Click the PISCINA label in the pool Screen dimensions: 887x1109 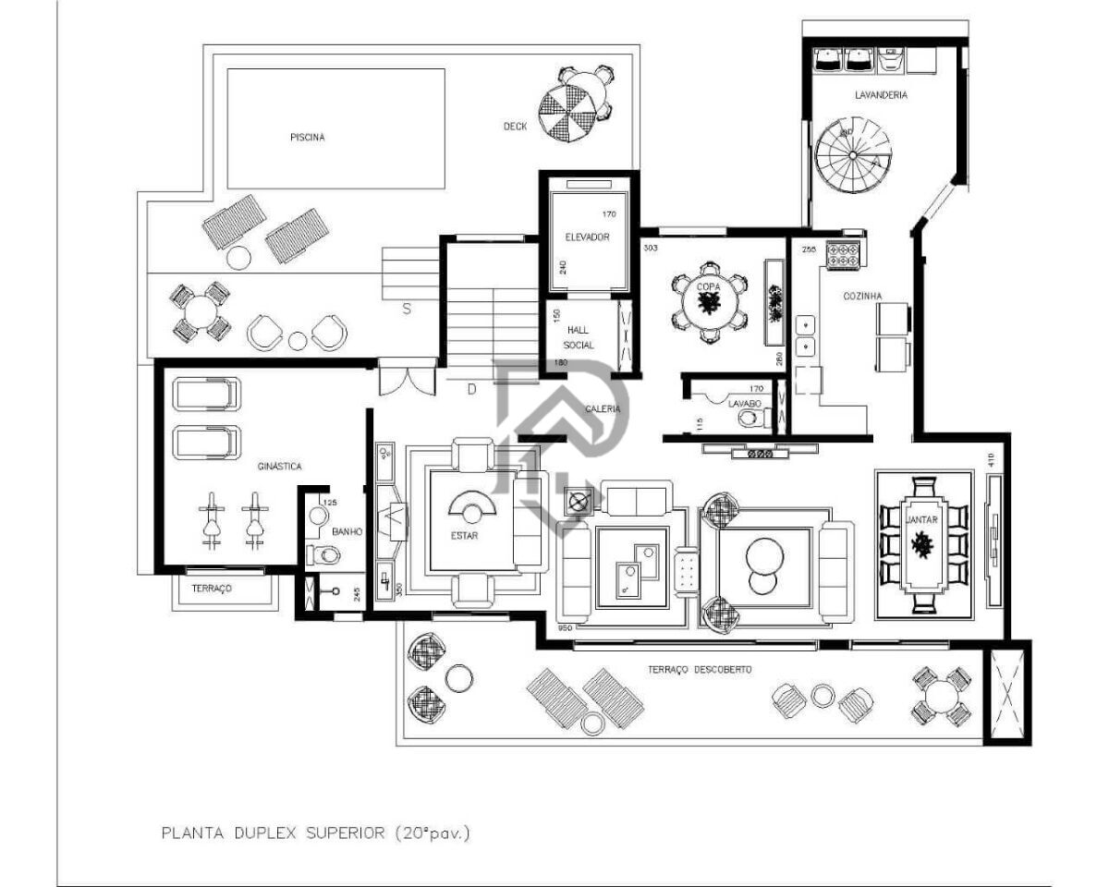point(307,137)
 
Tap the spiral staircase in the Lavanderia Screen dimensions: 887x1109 point(850,156)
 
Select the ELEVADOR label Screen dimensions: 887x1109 point(587,237)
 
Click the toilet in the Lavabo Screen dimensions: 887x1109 point(749,419)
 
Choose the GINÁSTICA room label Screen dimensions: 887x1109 point(279,467)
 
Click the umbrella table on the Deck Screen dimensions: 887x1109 point(568,109)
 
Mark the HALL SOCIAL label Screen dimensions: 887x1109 point(579,337)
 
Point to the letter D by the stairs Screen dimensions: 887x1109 point(471,389)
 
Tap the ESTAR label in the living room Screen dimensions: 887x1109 point(465,536)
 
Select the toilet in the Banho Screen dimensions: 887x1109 point(324,554)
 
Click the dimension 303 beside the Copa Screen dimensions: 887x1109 point(651,248)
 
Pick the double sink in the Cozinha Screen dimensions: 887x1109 point(807,335)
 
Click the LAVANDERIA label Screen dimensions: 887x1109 point(880,94)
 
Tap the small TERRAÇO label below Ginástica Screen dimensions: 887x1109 point(212,589)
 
